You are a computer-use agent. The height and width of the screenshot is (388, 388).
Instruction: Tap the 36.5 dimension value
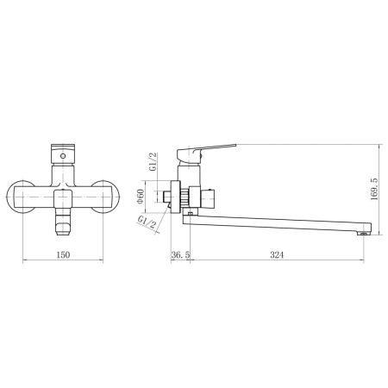[181, 255]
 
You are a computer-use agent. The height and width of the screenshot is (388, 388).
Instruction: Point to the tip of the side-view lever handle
[233, 144]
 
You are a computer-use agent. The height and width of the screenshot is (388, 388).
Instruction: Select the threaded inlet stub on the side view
[166, 197]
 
